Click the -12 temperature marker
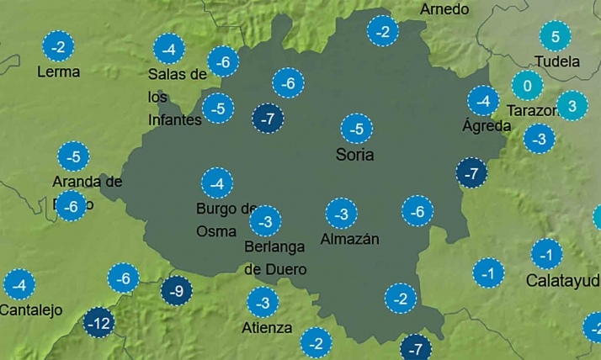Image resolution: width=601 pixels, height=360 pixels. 99,322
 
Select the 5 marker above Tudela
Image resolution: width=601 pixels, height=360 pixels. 555,37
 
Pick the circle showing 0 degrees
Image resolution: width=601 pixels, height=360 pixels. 527,87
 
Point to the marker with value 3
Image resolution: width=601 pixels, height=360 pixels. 572,106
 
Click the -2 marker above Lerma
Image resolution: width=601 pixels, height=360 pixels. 57,47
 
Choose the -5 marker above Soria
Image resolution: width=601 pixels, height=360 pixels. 355,130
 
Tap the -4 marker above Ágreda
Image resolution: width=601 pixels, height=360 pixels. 483,102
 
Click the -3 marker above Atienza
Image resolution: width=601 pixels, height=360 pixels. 263,302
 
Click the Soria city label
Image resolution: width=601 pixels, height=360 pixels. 354,156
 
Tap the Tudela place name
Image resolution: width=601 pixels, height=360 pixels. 557,61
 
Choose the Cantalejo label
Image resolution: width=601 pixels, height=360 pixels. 31,310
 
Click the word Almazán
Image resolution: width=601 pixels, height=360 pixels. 350,239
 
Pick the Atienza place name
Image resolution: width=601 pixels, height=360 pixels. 268,327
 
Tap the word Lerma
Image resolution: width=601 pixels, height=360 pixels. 58,72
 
